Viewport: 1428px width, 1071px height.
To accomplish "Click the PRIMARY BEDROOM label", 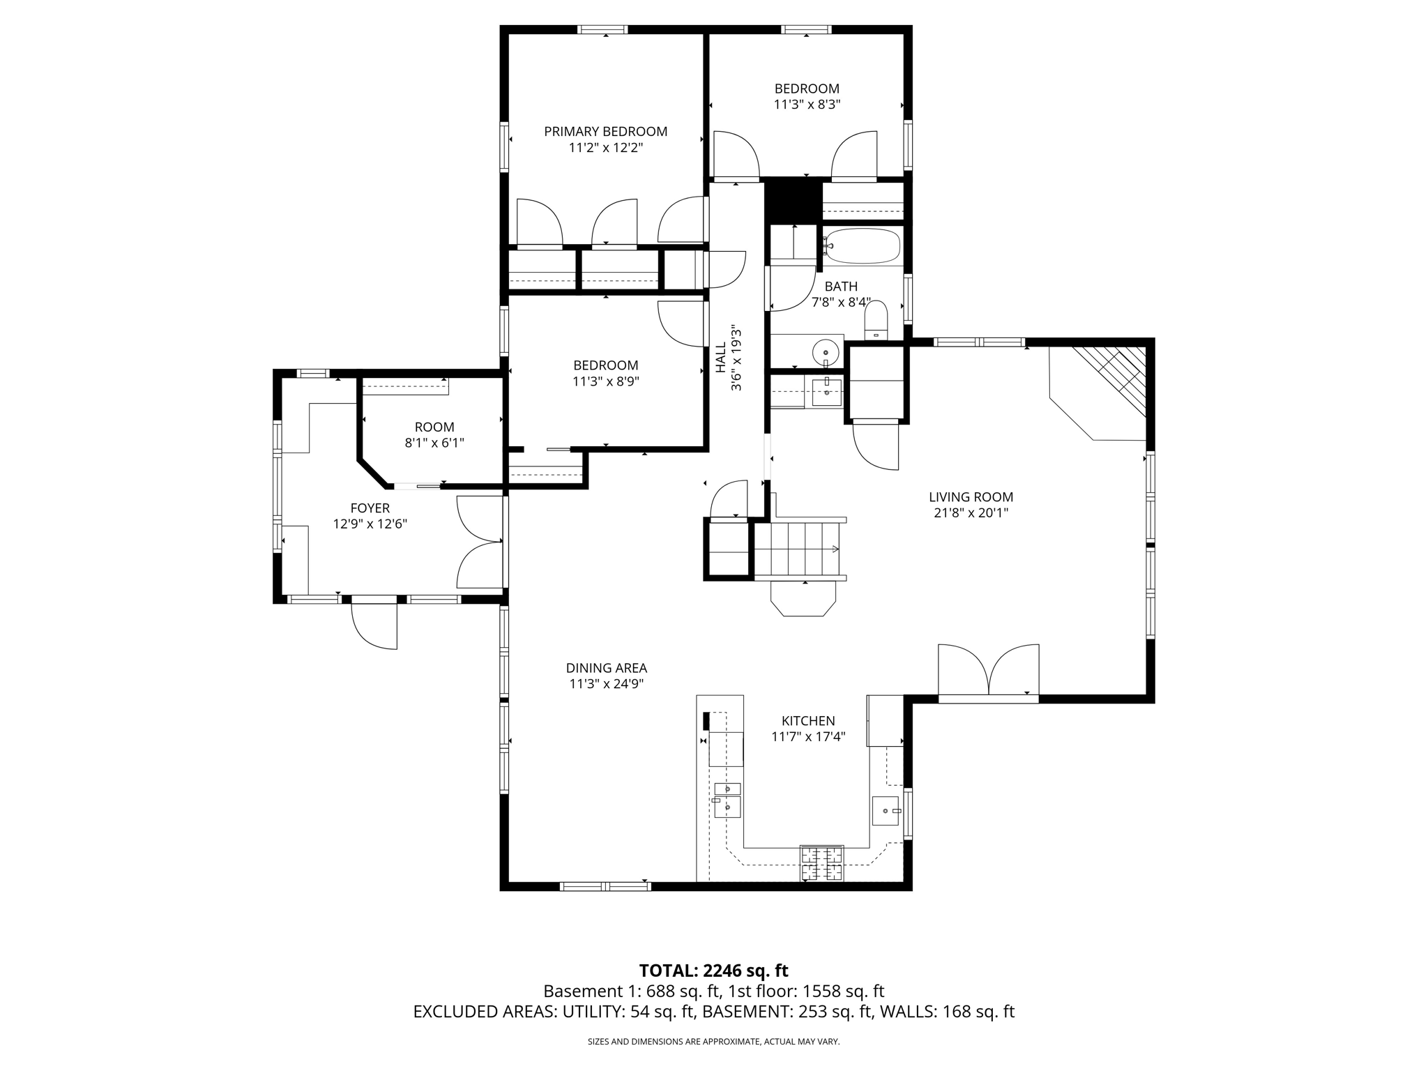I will point(605,131).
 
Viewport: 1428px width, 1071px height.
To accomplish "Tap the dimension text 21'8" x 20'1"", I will point(971,513).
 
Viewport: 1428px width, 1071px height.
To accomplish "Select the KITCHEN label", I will point(807,721).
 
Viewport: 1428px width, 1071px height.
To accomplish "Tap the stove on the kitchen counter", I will point(821,863).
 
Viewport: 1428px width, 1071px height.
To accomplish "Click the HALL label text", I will point(720,358).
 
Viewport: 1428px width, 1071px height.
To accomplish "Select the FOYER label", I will point(370,508).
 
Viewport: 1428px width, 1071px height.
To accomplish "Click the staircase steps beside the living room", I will point(798,549).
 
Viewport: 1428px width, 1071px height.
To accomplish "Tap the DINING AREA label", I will point(606,668).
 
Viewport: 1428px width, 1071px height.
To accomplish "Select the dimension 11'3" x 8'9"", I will point(605,381).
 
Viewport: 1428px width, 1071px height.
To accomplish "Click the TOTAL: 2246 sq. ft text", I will point(713,971).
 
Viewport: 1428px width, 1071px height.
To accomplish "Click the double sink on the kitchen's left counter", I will point(727,798).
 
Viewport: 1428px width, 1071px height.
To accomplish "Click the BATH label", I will point(840,286).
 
